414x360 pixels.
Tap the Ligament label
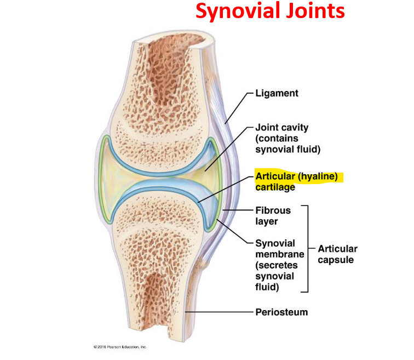pyautogui.click(x=277, y=93)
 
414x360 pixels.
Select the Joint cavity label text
pyautogui.click(x=281, y=128)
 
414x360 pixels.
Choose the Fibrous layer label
pyautogui.click(x=273, y=215)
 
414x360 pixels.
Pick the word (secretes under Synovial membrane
pyautogui.click(x=275, y=265)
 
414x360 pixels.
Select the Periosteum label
pyautogui.click(x=281, y=312)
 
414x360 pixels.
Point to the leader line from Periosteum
pyautogui.click(x=219, y=312)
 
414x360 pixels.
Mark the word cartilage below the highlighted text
pyautogui.click(x=275, y=187)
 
